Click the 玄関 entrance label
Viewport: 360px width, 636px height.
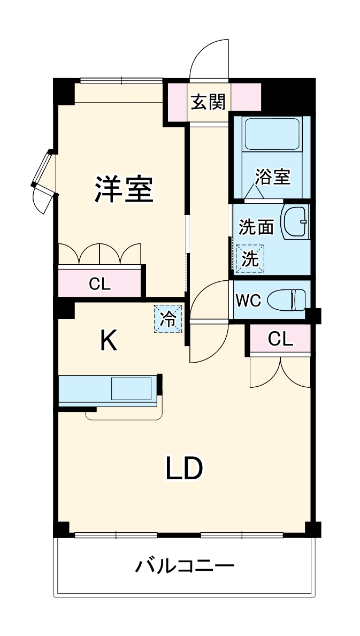click(x=209, y=101)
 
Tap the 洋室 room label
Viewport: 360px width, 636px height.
click(x=124, y=188)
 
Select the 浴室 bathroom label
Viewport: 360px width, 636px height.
click(x=272, y=177)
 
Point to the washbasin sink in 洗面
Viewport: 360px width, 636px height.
click(x=295, y=221)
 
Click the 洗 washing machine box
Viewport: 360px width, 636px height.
click(x=250, y=259)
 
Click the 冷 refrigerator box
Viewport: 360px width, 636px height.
click(x=168, y=319)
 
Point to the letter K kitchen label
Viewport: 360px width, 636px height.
click(x=109, y=340)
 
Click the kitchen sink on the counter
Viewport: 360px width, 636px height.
click(x=131, y=389)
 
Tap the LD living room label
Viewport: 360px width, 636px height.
click(x=183, y=469)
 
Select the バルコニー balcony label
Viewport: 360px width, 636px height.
click(x=184, y=565)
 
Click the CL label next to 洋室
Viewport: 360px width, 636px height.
click(x=99, y=284)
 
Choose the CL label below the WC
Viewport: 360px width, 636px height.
click(x=280, y=339)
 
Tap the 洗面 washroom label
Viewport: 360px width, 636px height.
click(x=256, y=227)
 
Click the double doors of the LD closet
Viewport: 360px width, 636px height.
click(x=280, y=372)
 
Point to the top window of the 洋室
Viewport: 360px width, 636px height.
click(x=121, y=81)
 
